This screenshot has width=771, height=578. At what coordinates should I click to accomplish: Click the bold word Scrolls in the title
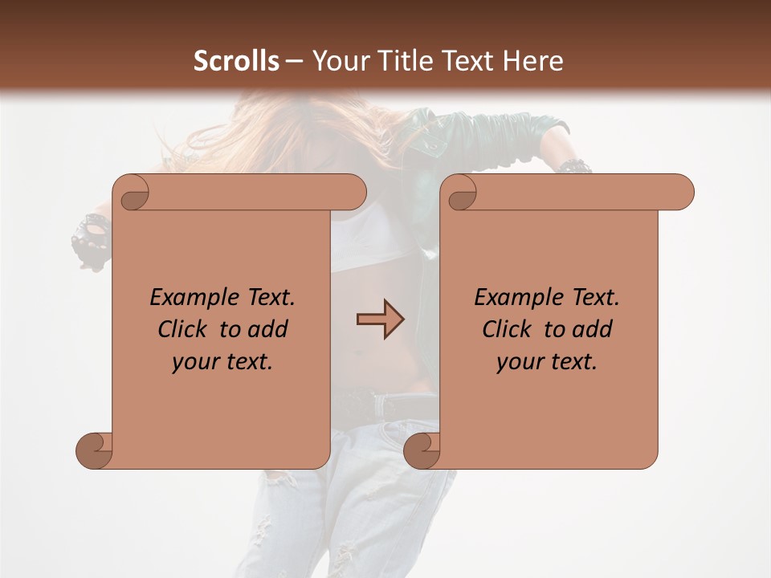click(236, 60)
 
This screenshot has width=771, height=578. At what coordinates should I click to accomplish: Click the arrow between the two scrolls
click(380, 320)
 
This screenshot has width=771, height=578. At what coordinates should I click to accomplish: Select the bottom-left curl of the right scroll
click(422, 450)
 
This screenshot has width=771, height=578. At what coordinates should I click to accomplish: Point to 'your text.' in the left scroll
click(222, 362)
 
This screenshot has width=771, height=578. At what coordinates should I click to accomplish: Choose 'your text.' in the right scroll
click(547, 362)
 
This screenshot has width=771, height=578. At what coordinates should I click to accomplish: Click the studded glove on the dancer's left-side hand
click(90, 235)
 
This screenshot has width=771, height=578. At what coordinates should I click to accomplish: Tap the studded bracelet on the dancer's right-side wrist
click(574, 166)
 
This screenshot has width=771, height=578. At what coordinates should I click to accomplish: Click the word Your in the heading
click(339, 60)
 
